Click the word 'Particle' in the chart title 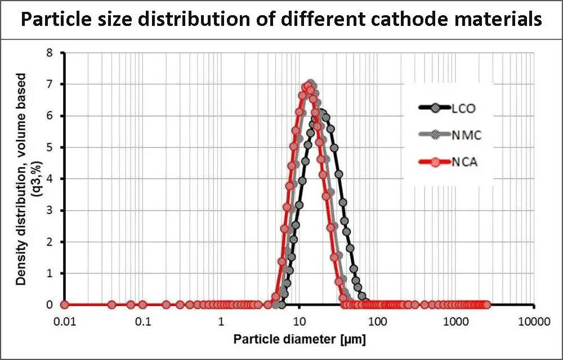(55, 19)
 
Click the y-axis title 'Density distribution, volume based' (21, 179)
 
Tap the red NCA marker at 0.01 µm (64, 305)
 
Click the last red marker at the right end (486, 305)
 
